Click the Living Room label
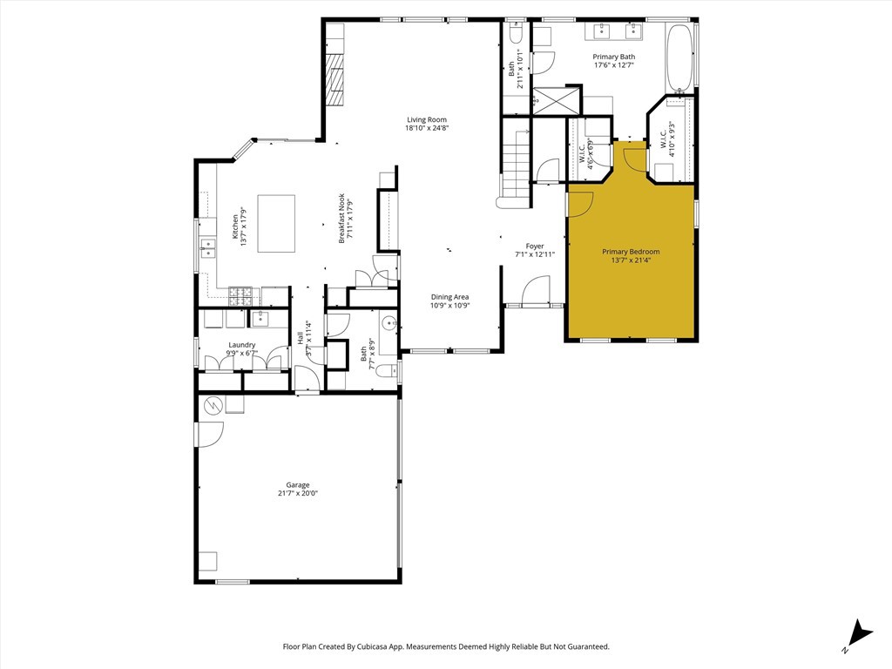pos(427,119)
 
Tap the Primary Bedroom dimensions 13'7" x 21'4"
pos(631,260)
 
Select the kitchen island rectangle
pos(276,224)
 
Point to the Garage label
pos(298,485)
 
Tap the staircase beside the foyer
pos(516,164)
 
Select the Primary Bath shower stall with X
pos(557,100)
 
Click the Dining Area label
pos(449,297)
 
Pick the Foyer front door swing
pos(536,290)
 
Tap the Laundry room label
pos(242,345)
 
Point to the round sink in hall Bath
pos(390,323)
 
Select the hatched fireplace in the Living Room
pos(335,80)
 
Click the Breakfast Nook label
pos(341,219)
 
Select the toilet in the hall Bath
pos(389,369)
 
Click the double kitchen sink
pos(208,248)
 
